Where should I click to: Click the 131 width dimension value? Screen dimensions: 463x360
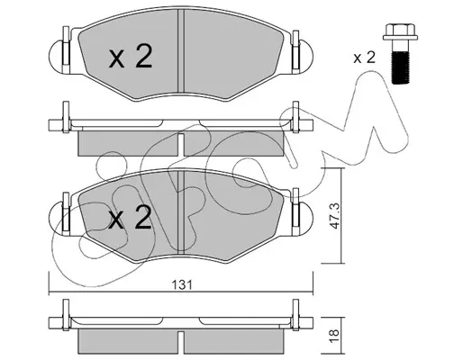181,284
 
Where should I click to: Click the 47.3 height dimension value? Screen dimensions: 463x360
335,216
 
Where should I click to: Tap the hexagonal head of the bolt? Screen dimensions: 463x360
400,32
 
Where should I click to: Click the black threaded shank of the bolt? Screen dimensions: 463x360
400,67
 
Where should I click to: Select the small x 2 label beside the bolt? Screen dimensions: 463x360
364,57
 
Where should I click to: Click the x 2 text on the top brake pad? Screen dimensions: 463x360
131,56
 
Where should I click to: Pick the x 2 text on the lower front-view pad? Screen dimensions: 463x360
130,217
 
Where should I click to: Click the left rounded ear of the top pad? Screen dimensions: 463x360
56,56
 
